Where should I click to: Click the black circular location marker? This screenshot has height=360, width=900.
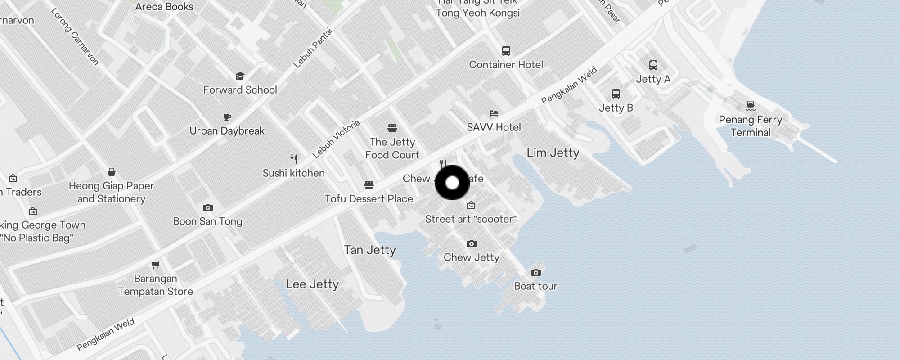pos(452,183)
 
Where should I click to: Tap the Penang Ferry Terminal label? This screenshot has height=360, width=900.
pos(750,126)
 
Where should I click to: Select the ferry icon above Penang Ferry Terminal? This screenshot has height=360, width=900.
pos(750,105)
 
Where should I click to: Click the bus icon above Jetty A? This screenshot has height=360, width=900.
pos(653,65)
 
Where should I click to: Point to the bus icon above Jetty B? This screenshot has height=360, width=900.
pos(616,94)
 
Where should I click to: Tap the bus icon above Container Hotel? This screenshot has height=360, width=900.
pos(506,50)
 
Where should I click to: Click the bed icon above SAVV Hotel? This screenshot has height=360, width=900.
pos(494,113)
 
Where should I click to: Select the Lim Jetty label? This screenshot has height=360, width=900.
pos(553,153)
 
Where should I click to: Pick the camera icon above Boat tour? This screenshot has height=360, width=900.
pos(535,272)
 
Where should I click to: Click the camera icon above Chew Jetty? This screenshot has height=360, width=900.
pos(471,243)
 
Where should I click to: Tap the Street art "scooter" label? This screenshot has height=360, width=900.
pos(471,219)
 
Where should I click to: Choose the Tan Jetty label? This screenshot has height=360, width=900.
pos(370,250)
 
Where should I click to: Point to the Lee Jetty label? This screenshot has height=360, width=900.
pos(312,284)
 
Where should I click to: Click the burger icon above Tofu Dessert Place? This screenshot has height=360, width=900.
pos(369,184)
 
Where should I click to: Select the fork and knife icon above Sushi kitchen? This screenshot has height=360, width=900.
pos(294,159)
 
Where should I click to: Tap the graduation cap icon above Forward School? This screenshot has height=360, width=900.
pos(240,76)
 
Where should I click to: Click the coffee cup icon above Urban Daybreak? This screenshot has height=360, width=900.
pos(227,117)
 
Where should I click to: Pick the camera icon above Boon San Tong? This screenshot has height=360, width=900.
pos(207,207)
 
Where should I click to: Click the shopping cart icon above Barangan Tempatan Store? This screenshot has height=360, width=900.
pos(156,265)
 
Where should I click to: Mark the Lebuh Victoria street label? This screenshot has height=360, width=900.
pos(336,139)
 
